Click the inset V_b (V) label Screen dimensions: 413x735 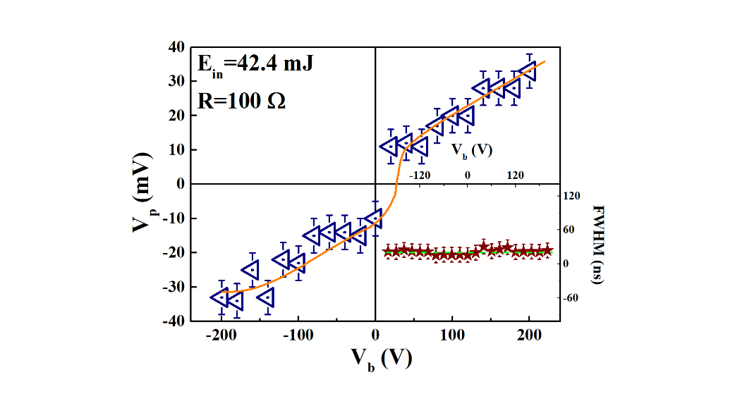tap(471, 150)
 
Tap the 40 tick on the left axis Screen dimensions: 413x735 tap(176, 47)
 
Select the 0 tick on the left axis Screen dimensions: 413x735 tap(180, 184)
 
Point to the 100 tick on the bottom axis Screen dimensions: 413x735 tap(452, 336)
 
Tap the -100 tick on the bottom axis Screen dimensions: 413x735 tap(297, 336)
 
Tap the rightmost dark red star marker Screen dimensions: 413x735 tap(545, 250)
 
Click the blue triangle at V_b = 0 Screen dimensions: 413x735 tap(374, 218)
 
